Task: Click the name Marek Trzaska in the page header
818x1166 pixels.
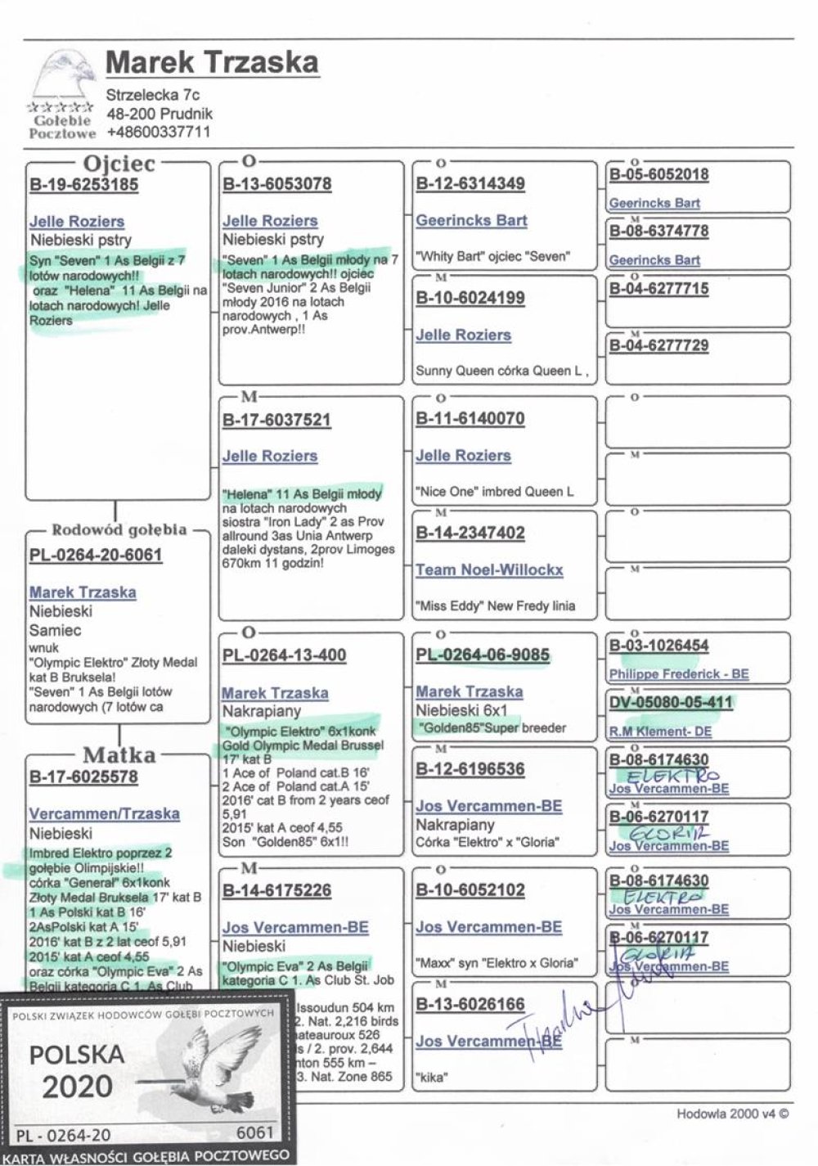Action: (212, 62)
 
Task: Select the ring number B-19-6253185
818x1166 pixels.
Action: (83, 185)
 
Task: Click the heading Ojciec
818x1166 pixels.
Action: (119, 164)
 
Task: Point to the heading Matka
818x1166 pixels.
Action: (119, 754)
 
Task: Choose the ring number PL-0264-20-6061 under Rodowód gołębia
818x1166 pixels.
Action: (96, 556)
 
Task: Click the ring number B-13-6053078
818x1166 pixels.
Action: (276, 184)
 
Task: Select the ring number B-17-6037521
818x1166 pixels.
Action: (276, 421)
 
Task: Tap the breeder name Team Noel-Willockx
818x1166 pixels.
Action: (489, 570)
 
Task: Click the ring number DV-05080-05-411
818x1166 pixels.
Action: (671, 702)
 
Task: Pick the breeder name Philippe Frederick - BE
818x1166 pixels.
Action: (678, 674)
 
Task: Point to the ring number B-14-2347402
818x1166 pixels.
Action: (470, 533)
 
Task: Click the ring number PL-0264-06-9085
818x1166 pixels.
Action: (483, 655)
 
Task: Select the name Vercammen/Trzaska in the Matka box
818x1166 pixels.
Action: (104, 814)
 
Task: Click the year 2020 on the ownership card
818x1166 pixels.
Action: (77, 1087)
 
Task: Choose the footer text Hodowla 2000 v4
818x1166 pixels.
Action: (732, 1114)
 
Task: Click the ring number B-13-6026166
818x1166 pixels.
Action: (470, 1005)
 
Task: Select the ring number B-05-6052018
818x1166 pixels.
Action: (658, 174)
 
